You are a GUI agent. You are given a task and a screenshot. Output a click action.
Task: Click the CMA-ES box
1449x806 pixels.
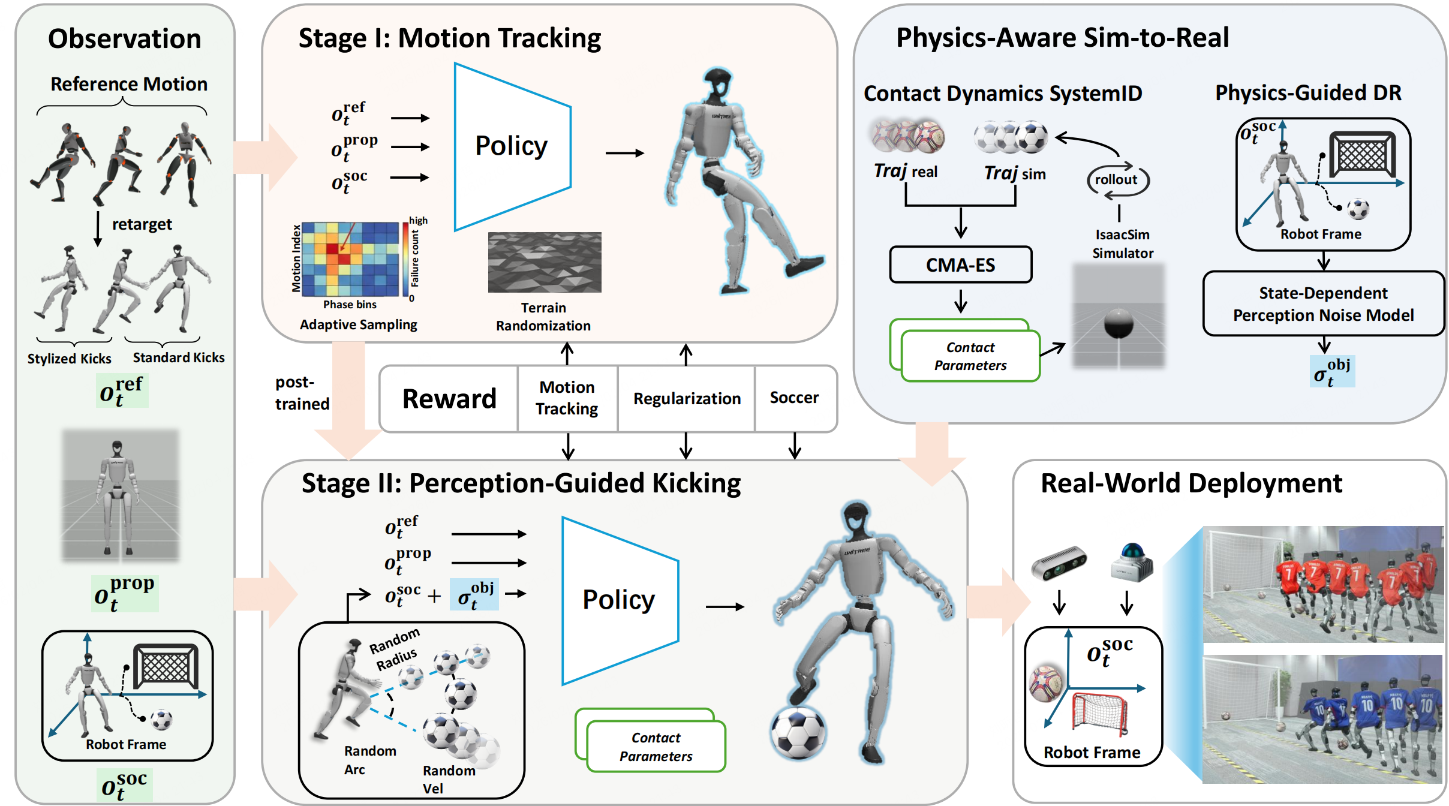point(960,264)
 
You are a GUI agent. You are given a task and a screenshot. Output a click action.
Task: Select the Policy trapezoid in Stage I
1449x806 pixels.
point(510,147)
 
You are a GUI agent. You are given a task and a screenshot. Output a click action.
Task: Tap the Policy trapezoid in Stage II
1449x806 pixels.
point(618,600)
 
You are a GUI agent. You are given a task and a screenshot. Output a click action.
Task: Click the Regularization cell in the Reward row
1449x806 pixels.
point(687,399)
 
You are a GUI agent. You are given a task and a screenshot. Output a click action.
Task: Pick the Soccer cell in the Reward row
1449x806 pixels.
point(794,398)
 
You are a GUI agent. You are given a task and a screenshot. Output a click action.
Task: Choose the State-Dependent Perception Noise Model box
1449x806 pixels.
point(1323,304)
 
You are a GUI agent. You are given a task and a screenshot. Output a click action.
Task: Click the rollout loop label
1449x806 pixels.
point(1116,180)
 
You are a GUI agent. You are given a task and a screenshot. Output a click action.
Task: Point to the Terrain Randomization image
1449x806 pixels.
point(544,262)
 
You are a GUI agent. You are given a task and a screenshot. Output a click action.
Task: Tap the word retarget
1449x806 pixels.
point(142,225)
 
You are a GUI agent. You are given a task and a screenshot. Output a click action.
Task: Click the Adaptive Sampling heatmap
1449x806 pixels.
point(350,259)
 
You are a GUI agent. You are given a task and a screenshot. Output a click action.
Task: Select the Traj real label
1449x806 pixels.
point(905,172)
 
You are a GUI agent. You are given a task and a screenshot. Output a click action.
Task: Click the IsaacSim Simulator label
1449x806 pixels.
point(1122,243)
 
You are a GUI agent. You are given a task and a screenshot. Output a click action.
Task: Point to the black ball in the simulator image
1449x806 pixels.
point(1119,324)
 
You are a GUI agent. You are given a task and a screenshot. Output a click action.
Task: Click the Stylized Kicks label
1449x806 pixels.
point(70,359)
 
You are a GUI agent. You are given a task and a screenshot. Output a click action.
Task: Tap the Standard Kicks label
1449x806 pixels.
point(179,358)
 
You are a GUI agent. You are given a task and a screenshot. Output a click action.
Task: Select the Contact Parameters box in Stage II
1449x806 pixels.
point(656,746)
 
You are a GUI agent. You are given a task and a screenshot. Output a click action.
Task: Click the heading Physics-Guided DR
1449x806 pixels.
point(1308,93)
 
